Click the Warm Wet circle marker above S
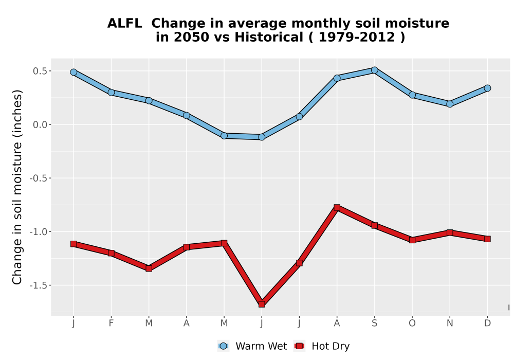tap(374, 70)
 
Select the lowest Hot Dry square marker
tap(262, 304)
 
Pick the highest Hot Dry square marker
tap(337, 207)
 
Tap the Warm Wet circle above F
tap(111, 93)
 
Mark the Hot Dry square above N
tap(450, 233)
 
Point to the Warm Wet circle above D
tap(487, 88)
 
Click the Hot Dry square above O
tap(412, 240)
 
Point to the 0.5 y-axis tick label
tap(40, 71)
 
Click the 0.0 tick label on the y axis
tap(40, 124)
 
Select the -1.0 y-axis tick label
tap(39, 232)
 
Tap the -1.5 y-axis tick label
tap(39, 285)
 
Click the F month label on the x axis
tap(111, 323)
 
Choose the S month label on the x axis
tap(374, 323)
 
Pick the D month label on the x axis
tap(487, 323)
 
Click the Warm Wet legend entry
tap(252, 346)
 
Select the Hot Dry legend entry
tap(322, 346)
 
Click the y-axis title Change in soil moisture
tap(17, 187)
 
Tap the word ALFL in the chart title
tap(124, 24)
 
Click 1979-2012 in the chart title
tap(357, 38)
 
